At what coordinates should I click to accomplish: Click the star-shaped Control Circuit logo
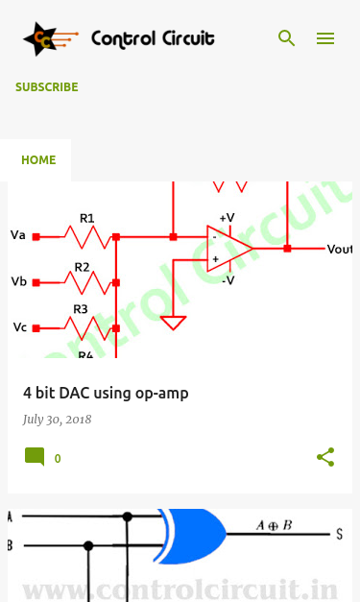50,38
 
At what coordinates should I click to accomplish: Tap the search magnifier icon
286,38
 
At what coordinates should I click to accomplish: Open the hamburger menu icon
325,38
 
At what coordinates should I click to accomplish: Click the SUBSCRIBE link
47,87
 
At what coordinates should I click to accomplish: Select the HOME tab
38,159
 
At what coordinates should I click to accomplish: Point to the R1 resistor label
87,218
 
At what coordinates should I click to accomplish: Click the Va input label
18,235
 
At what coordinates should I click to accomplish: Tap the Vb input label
19,281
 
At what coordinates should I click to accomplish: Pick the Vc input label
20,327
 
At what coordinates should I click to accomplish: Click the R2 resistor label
82,267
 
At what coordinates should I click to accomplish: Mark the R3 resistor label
81,309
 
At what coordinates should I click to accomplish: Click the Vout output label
339,250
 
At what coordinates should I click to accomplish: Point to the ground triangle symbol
173,323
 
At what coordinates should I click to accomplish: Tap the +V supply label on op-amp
227,218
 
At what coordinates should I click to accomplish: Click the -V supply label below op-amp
228,280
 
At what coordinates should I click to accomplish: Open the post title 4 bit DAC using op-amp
106,393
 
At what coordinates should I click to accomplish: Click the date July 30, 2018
57,420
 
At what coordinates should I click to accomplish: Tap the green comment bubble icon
35,457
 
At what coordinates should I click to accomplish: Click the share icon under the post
325,457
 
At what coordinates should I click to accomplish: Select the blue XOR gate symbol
191,536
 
